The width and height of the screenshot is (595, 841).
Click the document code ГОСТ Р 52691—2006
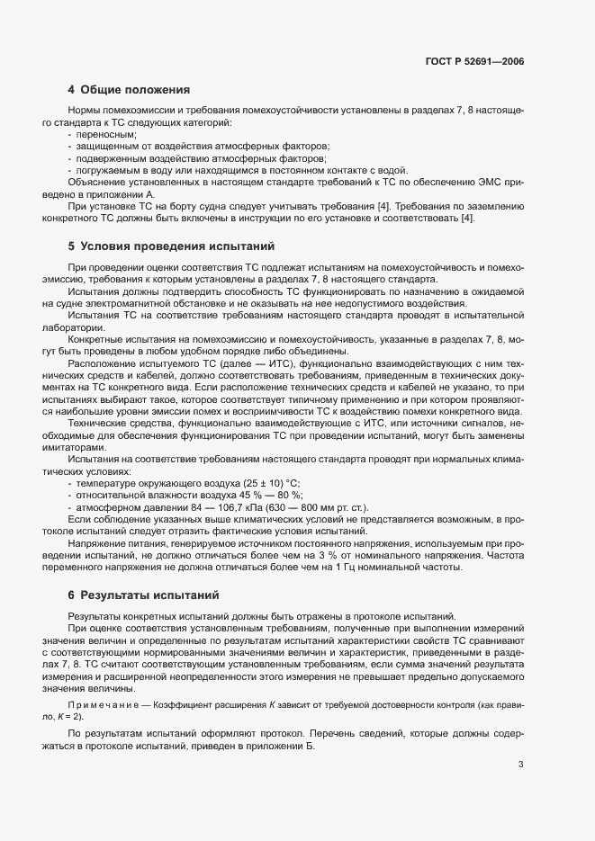pos(473,62)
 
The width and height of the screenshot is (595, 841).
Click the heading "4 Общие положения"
pos(129,90)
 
